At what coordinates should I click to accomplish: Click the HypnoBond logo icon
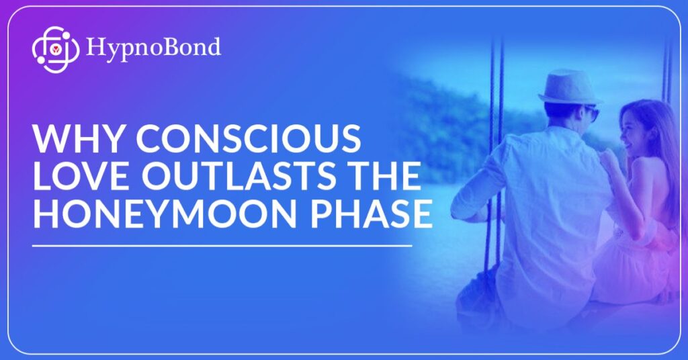(52, 48)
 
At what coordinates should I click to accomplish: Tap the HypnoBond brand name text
(153, 48)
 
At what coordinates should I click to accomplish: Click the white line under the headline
(222, 246)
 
